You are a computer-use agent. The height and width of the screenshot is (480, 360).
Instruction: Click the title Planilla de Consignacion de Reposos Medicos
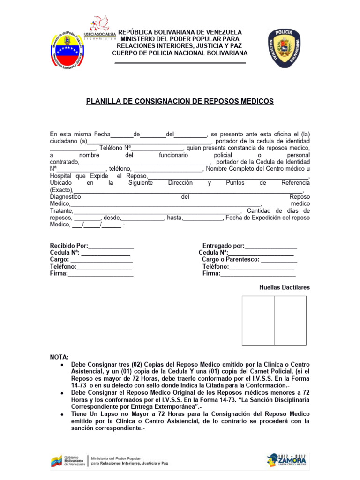pyautogui.click(x=180, y=101)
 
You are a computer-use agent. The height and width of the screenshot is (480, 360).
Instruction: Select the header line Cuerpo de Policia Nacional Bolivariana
pyautogui.click(x=180, y=53)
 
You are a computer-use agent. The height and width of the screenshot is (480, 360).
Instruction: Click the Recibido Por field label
pyautogui.click(x=69, y=246)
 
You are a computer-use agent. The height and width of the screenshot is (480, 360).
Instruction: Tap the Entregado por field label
pyautogui.click(x=223, y=246)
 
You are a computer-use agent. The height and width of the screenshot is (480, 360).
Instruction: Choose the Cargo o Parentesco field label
pyautogui.click(x=230, y=259)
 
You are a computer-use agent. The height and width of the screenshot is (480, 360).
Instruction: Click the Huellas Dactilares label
pyautogui.click(x=284, y=287)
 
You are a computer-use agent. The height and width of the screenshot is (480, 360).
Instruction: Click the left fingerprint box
pyautogui.click(x=258, y=321)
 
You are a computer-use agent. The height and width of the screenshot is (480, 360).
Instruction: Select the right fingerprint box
pyautogui.click(x=290, y=321)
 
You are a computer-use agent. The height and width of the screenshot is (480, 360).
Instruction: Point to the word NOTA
pyautogui.click(x=59, y=357)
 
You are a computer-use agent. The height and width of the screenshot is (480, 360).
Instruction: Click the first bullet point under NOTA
pyautogui.click(x=62, y=364)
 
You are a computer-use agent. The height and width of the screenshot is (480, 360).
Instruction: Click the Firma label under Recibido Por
pyautogui.click(x=59, y=273)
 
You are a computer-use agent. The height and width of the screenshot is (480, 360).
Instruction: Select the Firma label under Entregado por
pyautogui.click(x=211, y=273)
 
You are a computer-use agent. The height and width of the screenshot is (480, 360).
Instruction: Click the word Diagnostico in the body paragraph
pyautogui.click(x=66, y=197)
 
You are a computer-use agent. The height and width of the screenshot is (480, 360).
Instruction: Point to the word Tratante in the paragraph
pyautogui.click(x=61, y=211)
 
